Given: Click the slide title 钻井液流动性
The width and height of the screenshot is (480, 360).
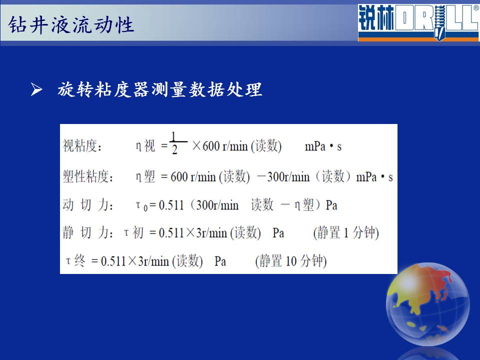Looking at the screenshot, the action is (x=71, y=24).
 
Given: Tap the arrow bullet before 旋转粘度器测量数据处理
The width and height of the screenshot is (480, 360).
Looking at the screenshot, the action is (x=36, y=89).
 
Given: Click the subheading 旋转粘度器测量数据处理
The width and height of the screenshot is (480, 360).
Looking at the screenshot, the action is (x=160, y=89).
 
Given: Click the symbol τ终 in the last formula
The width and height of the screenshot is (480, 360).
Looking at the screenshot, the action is (x=75, y=261).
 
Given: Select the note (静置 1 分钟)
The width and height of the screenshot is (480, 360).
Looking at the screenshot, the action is (x=346, y=232).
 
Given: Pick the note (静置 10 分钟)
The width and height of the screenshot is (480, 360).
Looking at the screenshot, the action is (x=291, y=261).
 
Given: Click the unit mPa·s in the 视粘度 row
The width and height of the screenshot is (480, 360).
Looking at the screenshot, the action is (x=323, y=146).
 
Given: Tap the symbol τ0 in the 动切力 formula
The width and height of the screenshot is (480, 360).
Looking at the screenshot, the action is (x=141, y=205).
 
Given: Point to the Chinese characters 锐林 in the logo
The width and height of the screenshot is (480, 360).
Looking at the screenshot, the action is (x=376, y=18).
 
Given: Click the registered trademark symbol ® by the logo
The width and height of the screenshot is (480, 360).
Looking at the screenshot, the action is (x=476, y=8).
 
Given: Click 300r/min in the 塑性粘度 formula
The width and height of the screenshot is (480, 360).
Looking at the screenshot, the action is (x=288, y=176).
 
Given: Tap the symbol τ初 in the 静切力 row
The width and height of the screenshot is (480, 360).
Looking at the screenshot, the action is (x=133, y=232).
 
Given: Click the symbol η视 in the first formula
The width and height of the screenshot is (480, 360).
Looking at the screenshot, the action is (x=145, y=145).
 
